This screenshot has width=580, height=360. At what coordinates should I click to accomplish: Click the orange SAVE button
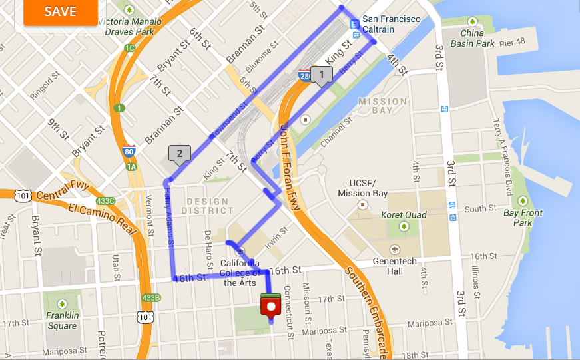[61, 12]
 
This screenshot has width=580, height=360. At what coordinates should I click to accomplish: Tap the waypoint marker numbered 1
[322, 75]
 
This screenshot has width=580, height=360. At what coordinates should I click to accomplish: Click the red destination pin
[270, 307]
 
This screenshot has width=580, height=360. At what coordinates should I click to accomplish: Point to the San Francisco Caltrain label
[392, 24]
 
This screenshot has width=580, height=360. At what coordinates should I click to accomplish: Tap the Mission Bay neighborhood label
[382, 106]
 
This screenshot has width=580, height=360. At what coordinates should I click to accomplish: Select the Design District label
[208, 206]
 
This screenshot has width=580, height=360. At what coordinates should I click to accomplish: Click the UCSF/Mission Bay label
[362, 188]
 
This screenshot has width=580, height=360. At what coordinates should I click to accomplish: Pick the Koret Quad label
[404, 215]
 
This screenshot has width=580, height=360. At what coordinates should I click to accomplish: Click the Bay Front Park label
[523, 218]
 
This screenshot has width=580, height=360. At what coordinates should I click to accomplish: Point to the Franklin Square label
[62, 320]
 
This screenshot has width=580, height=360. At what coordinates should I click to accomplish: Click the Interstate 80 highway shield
[129, 152]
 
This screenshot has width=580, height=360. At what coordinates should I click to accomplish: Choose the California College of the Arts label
[240, 273]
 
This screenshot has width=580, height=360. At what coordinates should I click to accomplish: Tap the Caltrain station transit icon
[355, 25]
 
